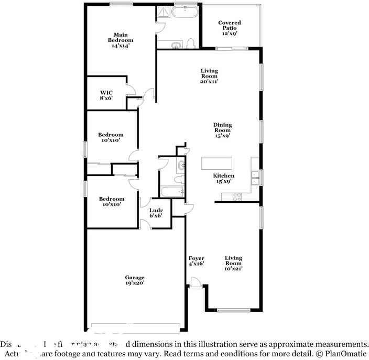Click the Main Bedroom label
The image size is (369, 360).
tap(121, 40)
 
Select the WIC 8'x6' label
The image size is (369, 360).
tap(106, 95)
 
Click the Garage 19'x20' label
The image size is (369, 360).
tap(135, 280)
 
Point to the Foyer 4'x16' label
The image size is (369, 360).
tap(196, 261)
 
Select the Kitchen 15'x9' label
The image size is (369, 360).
tap(223, 178)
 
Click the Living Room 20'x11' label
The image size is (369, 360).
tap(209, 76)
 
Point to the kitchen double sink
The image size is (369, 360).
tap(254, 178)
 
